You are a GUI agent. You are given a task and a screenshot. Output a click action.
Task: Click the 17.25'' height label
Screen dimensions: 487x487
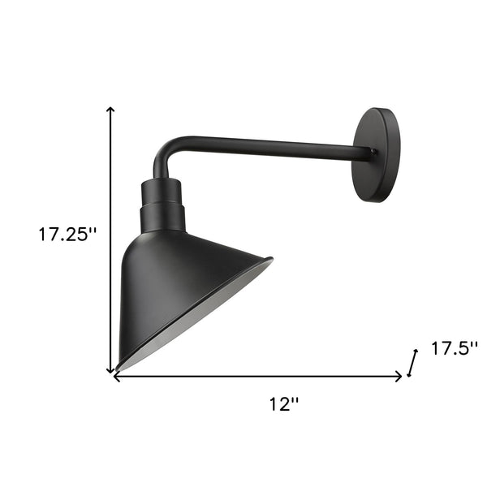67,236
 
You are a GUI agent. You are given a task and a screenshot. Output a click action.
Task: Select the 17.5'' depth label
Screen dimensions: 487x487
454,349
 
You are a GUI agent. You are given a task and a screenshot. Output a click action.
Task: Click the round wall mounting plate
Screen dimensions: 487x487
377,154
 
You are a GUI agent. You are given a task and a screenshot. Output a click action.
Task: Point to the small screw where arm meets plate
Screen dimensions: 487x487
373,151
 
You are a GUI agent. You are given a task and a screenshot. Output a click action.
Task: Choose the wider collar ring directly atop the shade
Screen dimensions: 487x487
162,217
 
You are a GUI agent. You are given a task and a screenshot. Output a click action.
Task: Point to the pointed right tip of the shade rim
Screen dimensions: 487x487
271,261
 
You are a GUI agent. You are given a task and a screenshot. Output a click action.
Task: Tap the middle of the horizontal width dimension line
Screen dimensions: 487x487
258,376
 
